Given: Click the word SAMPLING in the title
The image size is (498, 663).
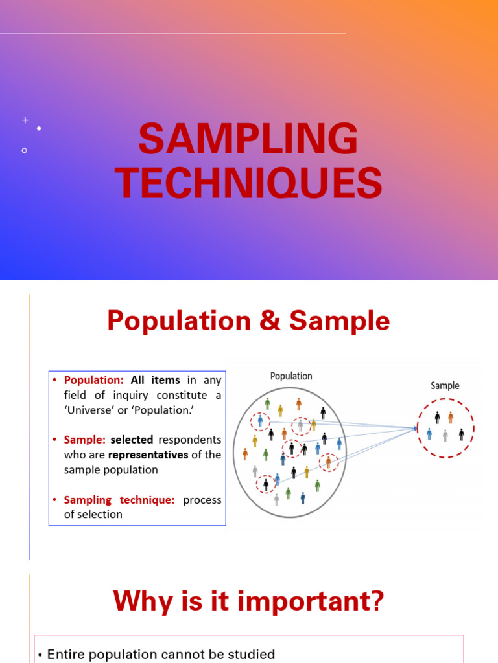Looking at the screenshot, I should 248,140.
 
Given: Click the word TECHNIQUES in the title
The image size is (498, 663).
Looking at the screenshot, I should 248,183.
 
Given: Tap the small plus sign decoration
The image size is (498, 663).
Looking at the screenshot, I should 25,120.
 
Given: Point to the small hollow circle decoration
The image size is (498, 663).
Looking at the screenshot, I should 24,150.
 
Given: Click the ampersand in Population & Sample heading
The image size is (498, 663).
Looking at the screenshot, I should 274,321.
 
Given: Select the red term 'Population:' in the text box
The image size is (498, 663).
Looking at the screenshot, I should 93,381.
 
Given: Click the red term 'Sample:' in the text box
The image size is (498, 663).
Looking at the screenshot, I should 84,440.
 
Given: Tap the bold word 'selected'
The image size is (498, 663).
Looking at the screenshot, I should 132,440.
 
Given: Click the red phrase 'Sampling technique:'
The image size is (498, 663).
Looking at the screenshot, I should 119,500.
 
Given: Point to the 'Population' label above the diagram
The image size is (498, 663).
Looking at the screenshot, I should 291,376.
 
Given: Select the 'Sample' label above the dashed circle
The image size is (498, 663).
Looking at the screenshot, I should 445,386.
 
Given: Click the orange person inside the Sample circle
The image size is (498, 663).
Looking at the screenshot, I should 451,418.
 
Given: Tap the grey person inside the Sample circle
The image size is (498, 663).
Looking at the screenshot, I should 445,435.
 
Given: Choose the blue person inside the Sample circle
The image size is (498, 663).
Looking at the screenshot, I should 429,434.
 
